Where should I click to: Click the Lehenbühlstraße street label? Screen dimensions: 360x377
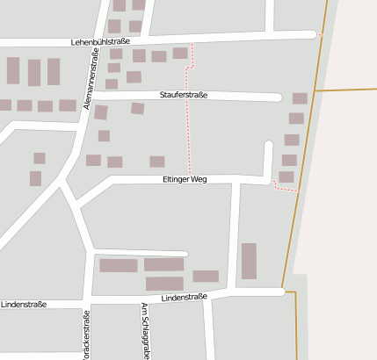(101, 41)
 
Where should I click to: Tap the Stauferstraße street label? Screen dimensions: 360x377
(184, 95)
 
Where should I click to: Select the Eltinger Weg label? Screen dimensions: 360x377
(185, 178)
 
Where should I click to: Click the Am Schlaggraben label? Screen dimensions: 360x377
(145, 330)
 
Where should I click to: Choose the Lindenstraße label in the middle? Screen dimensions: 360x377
(184, 297)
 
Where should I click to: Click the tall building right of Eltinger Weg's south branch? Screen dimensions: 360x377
(249, 261)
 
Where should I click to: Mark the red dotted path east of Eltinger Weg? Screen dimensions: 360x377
(286, 186)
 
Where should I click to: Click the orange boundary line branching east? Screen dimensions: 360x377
(343, 89)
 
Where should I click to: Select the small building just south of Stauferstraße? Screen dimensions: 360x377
(137, 108)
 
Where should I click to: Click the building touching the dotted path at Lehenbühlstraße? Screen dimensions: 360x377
(180, 54)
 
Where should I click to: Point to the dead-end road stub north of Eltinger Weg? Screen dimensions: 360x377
(268, 158)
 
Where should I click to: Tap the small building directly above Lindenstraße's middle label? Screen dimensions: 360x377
(206, 276)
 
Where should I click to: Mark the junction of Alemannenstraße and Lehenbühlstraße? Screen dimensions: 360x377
(94, 43)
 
